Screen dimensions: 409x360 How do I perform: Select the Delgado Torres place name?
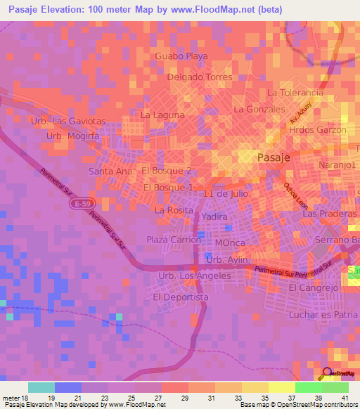pos(200,77)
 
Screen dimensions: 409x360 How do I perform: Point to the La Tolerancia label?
pos(295,93)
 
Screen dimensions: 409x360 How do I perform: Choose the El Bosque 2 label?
pos(167,171)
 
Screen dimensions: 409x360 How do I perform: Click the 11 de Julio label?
pos(222,193)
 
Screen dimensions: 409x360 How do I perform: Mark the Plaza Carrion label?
pos(173,240)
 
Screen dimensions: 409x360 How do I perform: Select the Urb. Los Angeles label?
pos(195,276)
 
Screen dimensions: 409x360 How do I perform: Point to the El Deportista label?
pos(181,297)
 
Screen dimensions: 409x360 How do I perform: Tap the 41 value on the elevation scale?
pos(345,398)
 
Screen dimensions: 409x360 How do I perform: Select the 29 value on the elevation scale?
pos(185,398)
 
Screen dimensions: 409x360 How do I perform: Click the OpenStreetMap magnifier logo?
pos(327,374)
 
